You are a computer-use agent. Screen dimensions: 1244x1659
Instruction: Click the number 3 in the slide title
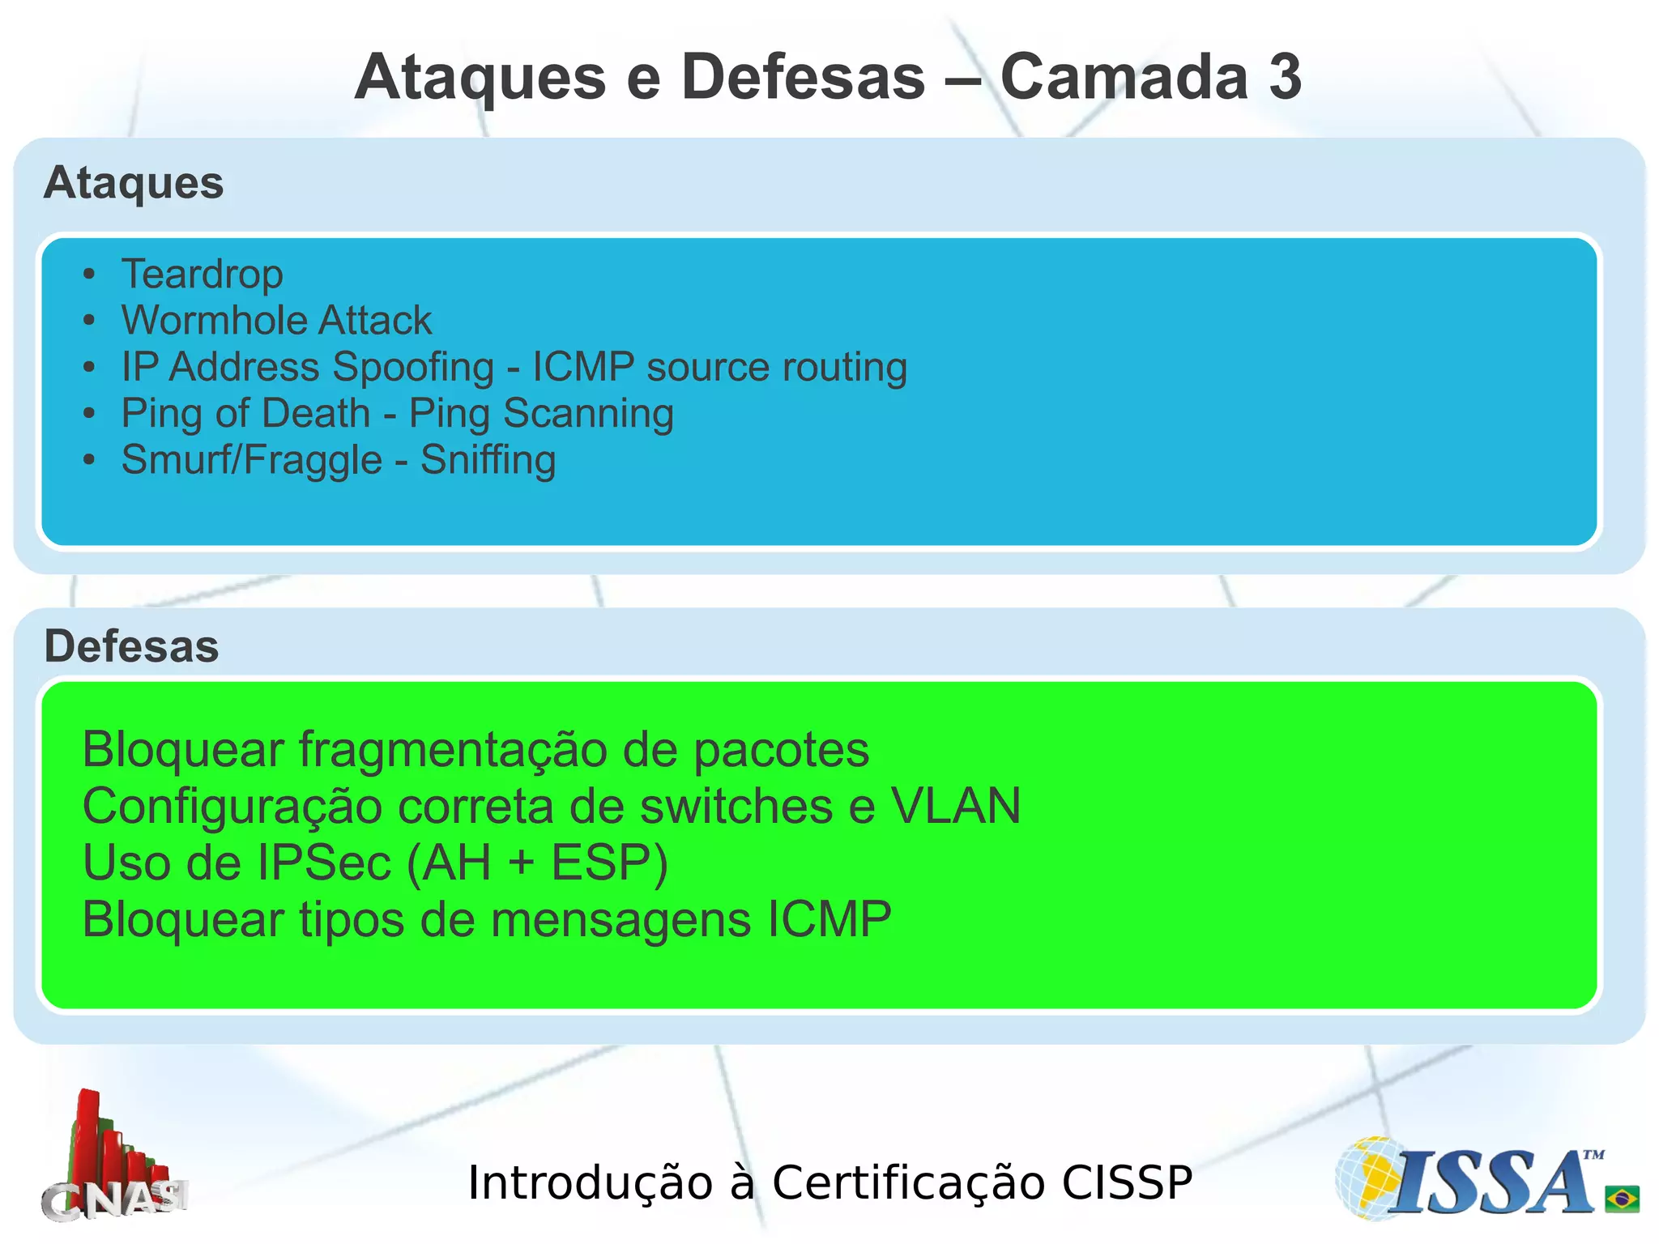(1283, 78)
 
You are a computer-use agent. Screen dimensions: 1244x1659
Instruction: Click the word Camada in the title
(1124, 78)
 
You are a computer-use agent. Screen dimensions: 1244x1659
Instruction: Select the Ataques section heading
(134, 183)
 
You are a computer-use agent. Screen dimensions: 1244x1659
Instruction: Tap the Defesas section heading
(131, 646)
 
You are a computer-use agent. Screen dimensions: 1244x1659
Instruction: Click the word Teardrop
(202, 274)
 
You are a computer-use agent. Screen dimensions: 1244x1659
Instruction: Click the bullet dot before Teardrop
(89, 275)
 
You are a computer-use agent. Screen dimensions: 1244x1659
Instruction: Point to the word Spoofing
(413, 367)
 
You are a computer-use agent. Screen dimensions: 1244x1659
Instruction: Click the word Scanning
(588, 414)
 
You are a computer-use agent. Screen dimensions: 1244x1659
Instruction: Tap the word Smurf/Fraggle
(251, 460)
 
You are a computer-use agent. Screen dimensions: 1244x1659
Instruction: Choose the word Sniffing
(488, 460)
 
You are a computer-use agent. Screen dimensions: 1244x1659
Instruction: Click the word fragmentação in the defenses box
(453, 750)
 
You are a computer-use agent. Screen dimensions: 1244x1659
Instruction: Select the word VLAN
(956, 807)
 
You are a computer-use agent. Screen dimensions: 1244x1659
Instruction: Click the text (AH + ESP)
(537, 863)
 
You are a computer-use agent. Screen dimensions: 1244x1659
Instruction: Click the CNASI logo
(113, 1158)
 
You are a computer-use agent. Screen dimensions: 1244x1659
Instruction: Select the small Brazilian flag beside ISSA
(1622, 1197)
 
